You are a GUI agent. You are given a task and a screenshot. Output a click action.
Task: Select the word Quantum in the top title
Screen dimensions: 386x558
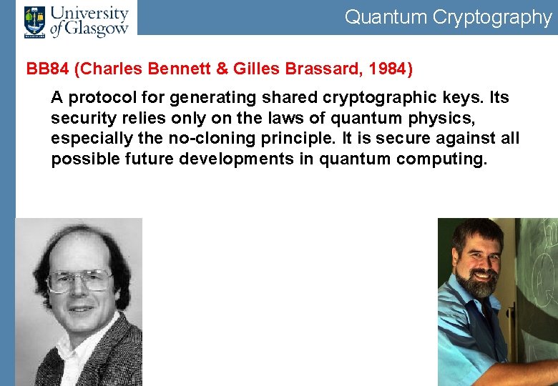point(385,17)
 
